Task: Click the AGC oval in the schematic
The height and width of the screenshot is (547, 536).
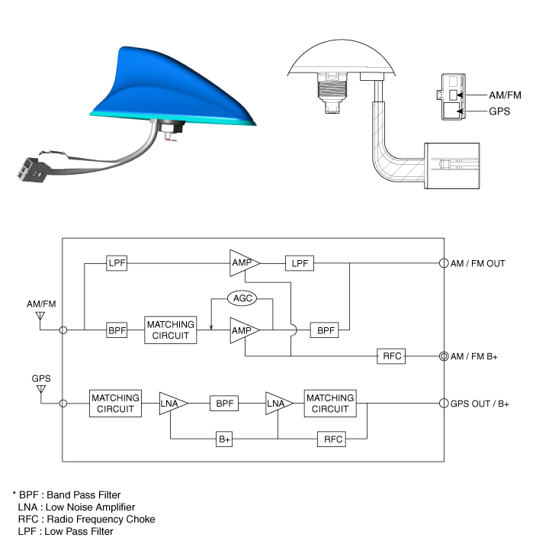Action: pos(242,298)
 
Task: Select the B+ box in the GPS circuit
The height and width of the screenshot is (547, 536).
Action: pos(224,439)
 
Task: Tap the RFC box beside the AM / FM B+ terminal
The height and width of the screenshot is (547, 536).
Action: pos(391,356)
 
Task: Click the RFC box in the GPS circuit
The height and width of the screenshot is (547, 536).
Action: pos(332,439)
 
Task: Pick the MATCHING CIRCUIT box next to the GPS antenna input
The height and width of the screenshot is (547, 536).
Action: pos(115,404)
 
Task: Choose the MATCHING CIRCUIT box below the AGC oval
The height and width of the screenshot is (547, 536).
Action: pos(171,330)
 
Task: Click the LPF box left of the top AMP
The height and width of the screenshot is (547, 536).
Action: pos(117,263)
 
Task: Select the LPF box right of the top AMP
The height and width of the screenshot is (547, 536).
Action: pos(300,263)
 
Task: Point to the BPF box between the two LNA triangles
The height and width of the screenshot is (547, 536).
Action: pos(224,404)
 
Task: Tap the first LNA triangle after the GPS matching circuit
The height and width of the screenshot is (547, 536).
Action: pos(172,404)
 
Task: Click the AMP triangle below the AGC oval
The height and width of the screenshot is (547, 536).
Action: pos(243,330)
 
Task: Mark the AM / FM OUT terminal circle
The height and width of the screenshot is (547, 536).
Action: pos(444,263)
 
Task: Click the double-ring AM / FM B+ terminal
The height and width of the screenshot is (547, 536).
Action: pos(444,356)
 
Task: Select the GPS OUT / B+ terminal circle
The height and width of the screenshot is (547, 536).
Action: pos(444,404)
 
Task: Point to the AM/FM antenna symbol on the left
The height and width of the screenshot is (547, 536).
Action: pos(40,317)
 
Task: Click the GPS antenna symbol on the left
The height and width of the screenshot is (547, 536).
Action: pos(41,390)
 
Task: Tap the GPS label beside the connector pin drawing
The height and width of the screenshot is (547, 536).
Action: pos(499,111)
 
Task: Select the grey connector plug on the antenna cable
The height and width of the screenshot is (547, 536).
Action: pos(30,170)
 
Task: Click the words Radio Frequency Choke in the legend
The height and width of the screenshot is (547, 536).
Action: pos(101,519)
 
